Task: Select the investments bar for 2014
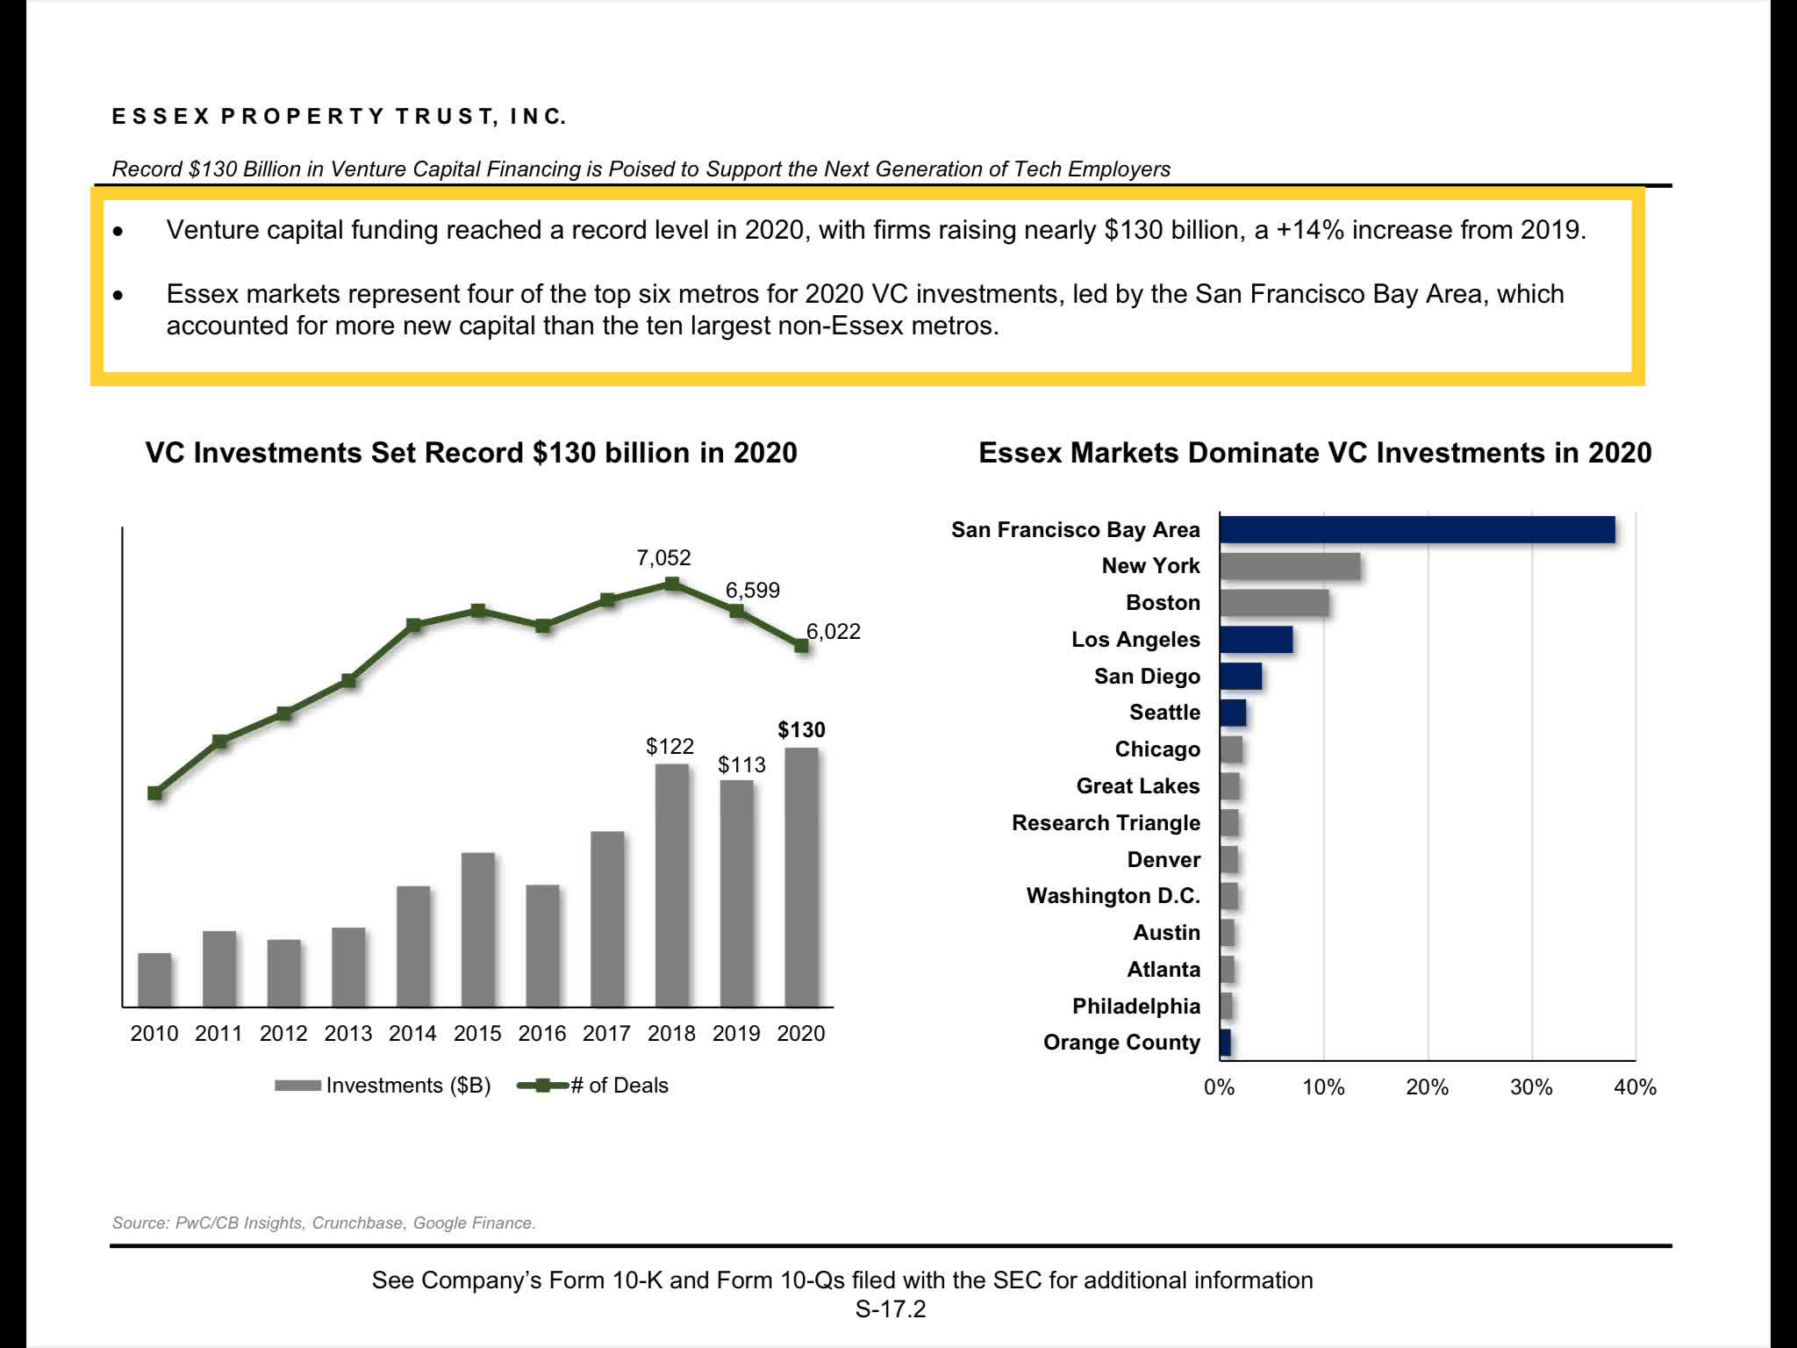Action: [413, 945]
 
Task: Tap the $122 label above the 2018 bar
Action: [669, 747]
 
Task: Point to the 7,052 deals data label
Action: [663, 558]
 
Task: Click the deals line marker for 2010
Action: [155, 793]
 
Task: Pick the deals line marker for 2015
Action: [478, 611]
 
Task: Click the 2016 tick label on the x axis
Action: [542, 1034]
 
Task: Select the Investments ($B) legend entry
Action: [383, 1086]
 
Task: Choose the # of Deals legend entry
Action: [593, 1086]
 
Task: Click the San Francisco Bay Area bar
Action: [1416, 530]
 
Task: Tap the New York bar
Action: [1289, 567]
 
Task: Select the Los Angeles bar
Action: [1256, 640]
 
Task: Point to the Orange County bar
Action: [1225, 1043]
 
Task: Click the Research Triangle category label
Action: [1106, 823]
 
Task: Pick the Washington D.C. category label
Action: [1113, 896]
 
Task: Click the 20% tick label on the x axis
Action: [1427, 1088]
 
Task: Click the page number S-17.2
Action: [890, 1309]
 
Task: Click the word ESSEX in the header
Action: [161, 117]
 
